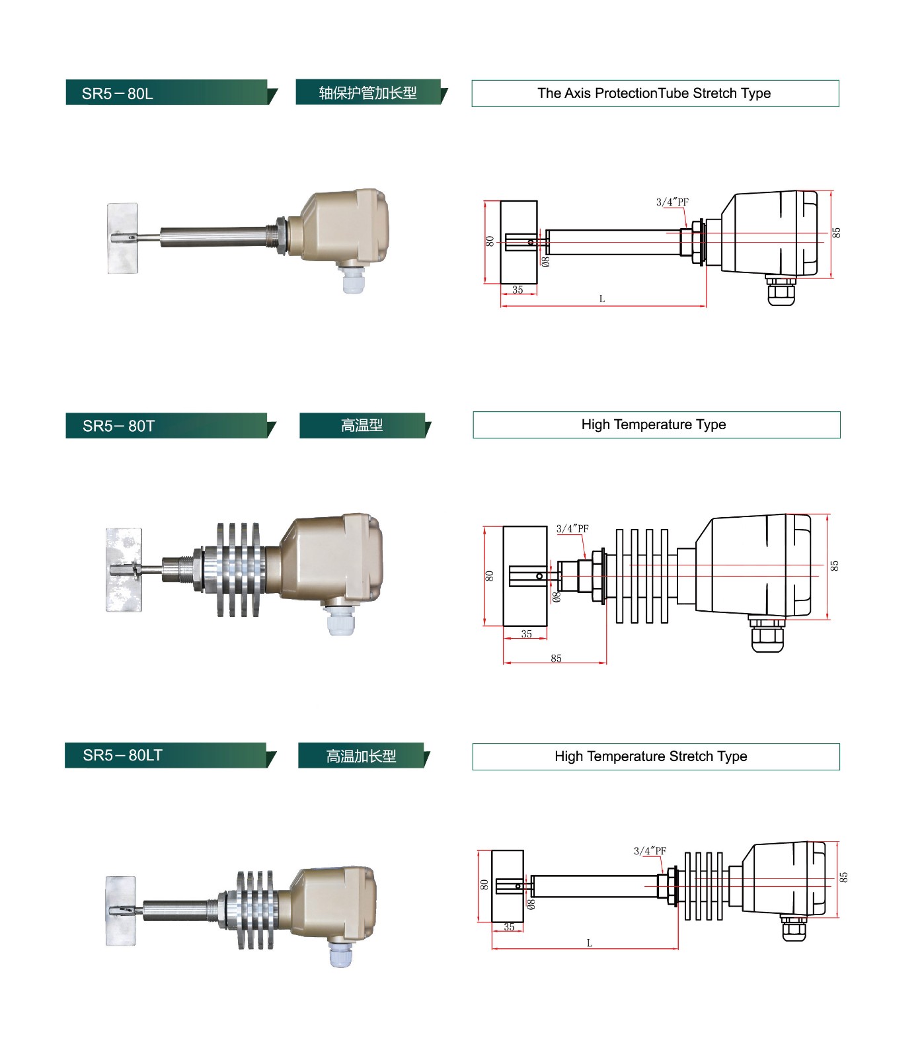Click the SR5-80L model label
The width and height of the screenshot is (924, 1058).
point(118,93)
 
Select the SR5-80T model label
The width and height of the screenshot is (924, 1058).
point(119,426)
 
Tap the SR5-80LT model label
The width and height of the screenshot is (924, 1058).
point(123,755)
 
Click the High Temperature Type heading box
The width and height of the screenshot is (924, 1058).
point(656,425)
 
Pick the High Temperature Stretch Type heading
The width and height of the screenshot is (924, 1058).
point(655,756)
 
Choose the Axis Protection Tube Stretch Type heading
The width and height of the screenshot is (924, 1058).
point(654,93)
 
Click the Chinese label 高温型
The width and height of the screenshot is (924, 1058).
point(362,425)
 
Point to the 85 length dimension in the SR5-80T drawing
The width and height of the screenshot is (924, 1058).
point(556,658)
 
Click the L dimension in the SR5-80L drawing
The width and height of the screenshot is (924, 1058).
point(602,299)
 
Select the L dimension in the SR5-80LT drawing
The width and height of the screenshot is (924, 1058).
point(590,943)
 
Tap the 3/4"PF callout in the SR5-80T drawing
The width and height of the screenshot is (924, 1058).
point(572,528)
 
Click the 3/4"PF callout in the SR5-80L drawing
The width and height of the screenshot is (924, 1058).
point(672,202)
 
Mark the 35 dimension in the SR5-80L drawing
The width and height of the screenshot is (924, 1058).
point(518,290)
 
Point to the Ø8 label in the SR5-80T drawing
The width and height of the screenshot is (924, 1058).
point(557,597)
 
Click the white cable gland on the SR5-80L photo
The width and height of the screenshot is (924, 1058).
point(352,280)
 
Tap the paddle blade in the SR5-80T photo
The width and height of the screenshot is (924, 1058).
point(124,569)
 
